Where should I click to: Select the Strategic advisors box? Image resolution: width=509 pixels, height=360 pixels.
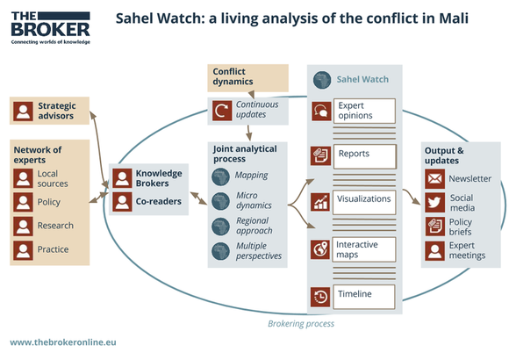[48, 111]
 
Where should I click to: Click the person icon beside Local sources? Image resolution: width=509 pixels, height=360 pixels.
[23, 178]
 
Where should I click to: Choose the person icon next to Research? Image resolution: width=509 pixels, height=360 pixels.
[23, 226]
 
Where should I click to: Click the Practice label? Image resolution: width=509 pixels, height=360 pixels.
[53, 249]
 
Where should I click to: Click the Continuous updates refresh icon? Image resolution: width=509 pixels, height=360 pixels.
[221, 112]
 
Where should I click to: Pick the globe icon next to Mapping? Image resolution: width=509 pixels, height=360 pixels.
[221, 176]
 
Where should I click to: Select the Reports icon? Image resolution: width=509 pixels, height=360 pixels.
[320, 155]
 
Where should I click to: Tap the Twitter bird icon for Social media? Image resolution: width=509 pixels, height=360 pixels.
[434, 203]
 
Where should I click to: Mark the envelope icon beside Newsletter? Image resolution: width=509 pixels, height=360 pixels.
[434, 179]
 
